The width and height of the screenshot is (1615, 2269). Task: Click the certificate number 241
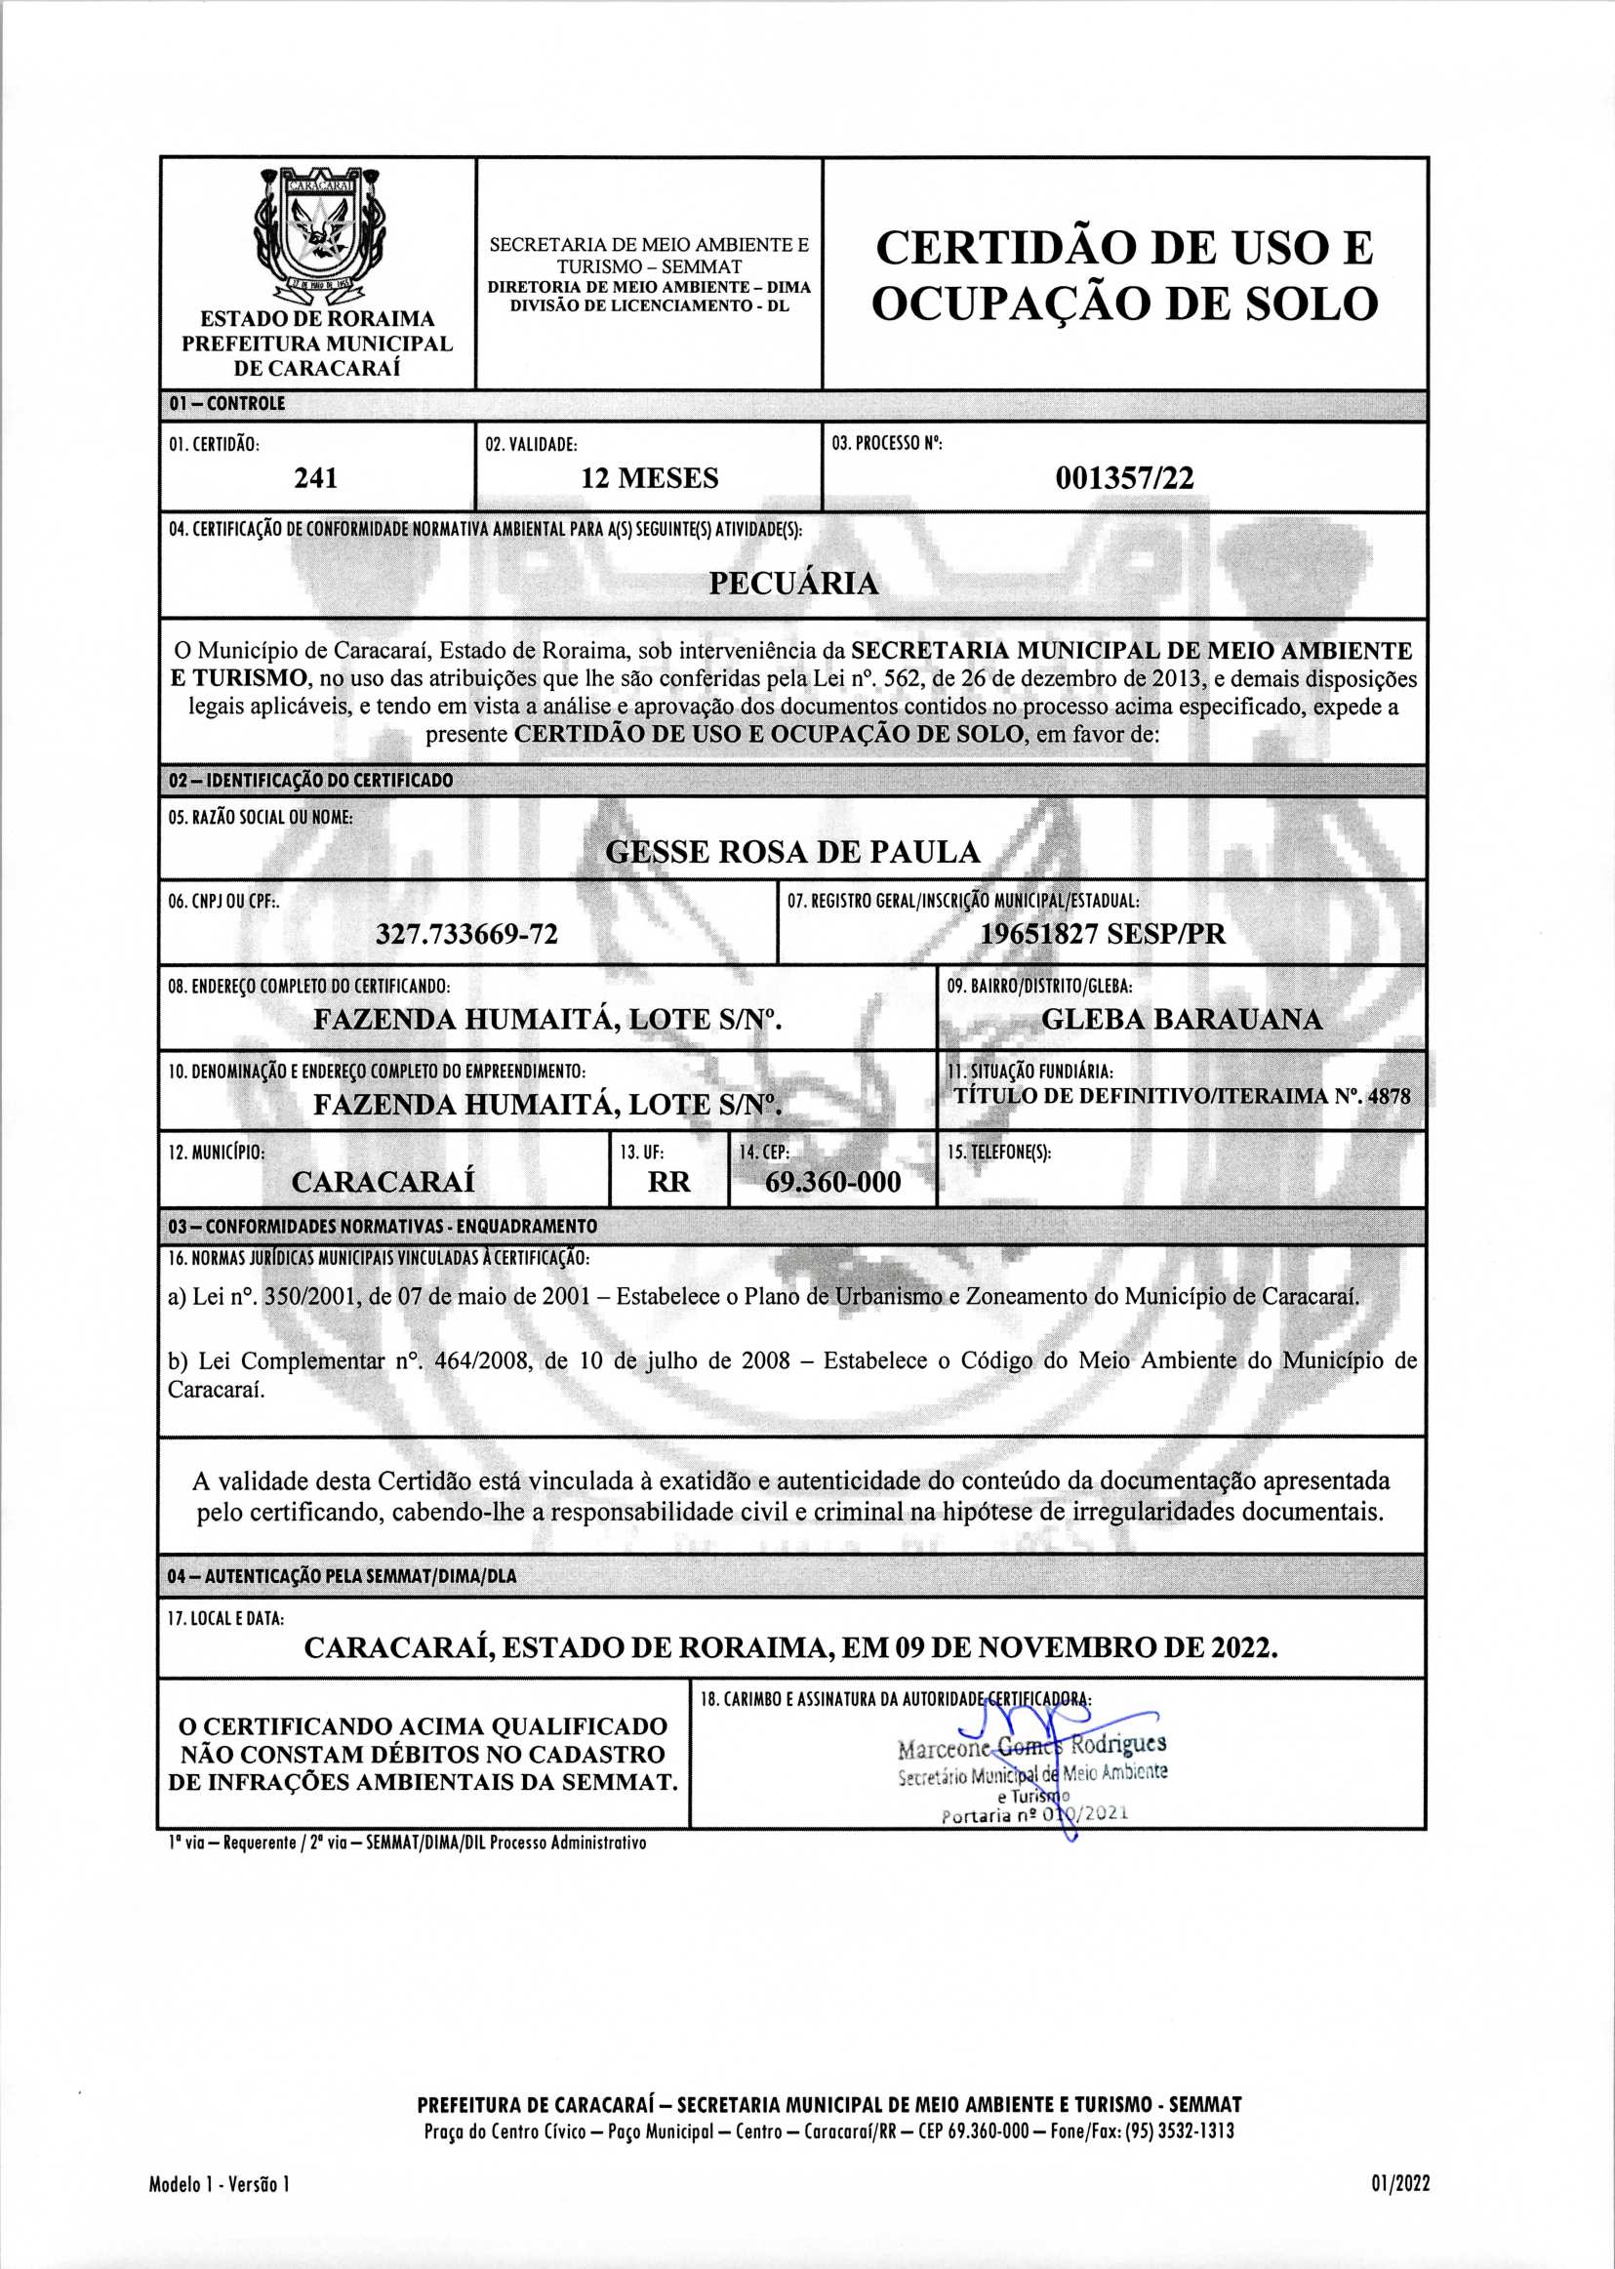(x=316, y=478)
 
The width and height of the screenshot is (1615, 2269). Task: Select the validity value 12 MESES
(x=649, y=478)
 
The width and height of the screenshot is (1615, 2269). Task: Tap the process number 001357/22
(x=1125, y=478)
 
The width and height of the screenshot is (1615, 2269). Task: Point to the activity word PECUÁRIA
(x=793, y=583)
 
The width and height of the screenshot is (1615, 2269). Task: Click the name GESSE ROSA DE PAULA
(x=792, y=852)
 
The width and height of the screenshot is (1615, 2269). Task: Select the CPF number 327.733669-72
(x=466, y=934)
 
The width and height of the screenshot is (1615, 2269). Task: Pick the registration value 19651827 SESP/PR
(x=1103, y=934)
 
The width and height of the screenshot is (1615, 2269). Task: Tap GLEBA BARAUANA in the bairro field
(x=1182, y=1019)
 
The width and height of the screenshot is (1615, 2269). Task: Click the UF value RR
(x=668, y=1182)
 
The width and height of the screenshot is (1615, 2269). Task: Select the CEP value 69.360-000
(x=832, y=1182)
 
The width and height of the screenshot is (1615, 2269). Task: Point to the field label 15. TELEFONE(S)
(x=998, y=1153)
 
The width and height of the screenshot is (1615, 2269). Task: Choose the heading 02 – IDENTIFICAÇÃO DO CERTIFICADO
(x=310, y=781)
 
